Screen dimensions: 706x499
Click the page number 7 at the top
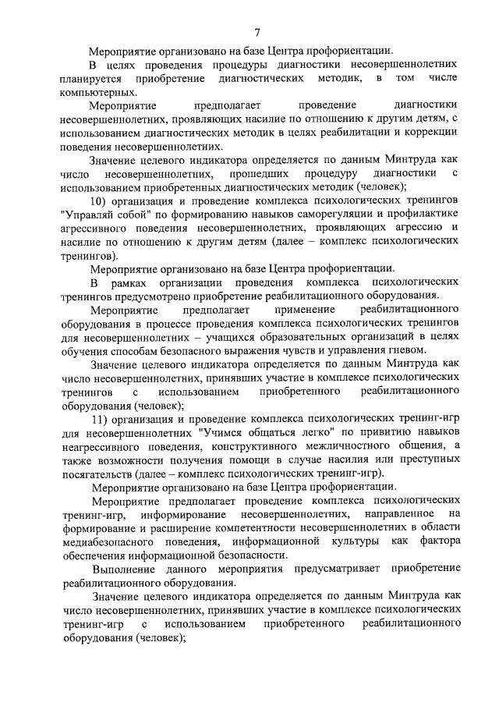[x=257, y=32]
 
